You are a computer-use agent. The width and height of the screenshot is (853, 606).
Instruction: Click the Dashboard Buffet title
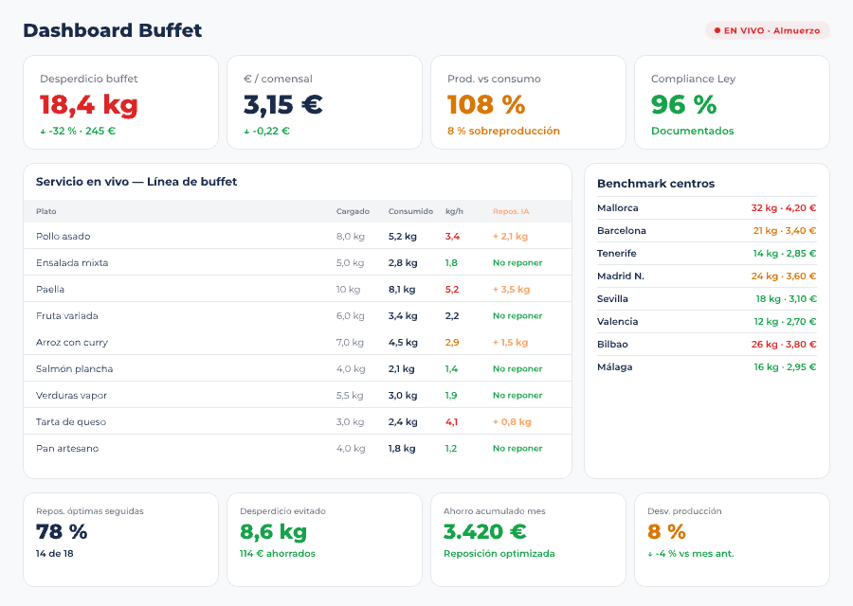(112, 30)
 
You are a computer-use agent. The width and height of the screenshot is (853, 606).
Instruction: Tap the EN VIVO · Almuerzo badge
(767, 30)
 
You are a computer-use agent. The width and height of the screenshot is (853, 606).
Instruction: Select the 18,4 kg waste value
(88, 104)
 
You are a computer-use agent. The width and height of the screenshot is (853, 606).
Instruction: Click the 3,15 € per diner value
(282, 104)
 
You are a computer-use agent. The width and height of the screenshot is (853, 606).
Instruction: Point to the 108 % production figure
(485, 104)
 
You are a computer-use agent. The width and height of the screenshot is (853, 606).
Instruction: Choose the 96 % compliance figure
(683, 104)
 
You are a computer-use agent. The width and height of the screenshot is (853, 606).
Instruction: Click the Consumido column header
(410, 211)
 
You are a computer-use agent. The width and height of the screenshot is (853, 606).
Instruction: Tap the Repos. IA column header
(511, 211)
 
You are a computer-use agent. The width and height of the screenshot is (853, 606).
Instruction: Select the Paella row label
(50, 289)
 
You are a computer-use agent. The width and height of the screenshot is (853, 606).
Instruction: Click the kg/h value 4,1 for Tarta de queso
(451, 421)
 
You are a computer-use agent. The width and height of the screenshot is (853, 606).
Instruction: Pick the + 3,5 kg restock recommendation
(511, 289)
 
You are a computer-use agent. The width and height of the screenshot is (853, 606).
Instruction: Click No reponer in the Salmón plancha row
(517, 368)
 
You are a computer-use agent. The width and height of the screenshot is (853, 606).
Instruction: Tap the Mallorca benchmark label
(617, 207)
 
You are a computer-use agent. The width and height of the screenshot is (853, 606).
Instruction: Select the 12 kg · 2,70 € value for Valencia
(785, 321)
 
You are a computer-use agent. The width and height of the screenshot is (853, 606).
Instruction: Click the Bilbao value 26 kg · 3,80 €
(783, 344)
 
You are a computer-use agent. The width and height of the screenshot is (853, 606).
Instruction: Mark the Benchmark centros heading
(655, 183)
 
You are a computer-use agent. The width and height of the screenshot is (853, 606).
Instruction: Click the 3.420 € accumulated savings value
(484, 532)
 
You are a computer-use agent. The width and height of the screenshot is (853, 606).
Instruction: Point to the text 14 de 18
(55, 553)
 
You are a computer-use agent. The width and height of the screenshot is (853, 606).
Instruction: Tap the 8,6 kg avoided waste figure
(273, 532)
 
